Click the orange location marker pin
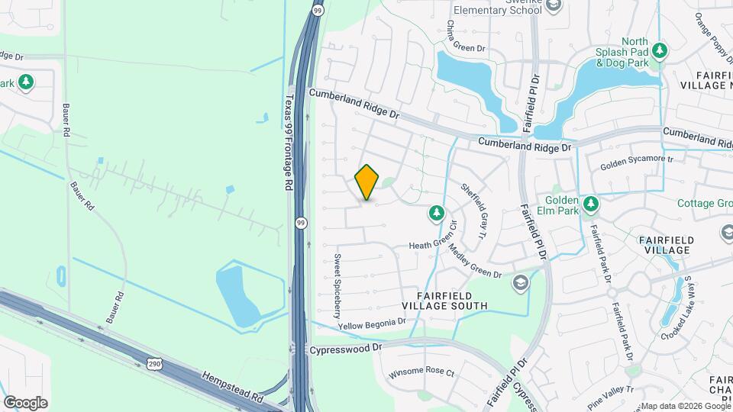point(367,182)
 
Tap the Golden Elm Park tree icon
point(590,204)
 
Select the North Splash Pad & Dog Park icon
point(659,51)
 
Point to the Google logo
point(25,402)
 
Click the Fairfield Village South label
point(452,301)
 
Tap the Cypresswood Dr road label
point(345,348)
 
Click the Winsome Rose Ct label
point(421,373)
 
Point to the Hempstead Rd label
point(232,388)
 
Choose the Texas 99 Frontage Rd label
point(289,142)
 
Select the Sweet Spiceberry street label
point(336,287)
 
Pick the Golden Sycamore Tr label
point(636,161)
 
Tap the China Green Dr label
point(465,36)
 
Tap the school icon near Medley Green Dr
point(521,283)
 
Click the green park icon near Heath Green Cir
point(437,214)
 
